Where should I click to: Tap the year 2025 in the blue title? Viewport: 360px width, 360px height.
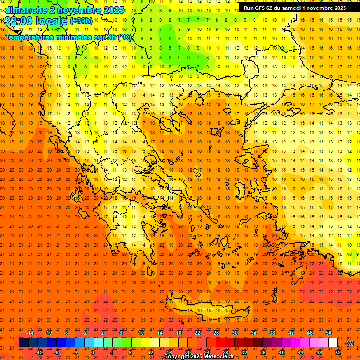pyautogui.click(x=113, y=9)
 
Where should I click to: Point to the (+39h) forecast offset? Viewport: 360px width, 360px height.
pyautogui.click(x=81, y=21)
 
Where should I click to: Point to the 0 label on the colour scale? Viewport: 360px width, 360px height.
pyautogui.click(x=93, y=352)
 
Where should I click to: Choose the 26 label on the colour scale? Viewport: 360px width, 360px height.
pyautogui.click(x=216, y=333)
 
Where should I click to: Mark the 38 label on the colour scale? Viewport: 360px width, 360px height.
pyautogui.click(x=272, y=333)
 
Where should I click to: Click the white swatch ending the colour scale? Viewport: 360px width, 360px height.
pyautogui.click(x=333, y=343)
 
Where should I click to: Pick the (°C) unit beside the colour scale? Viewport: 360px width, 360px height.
pyautogui.click(x=349, y=343)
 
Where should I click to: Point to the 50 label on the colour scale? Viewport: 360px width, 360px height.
pyautogui.click(x=328, y=333)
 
